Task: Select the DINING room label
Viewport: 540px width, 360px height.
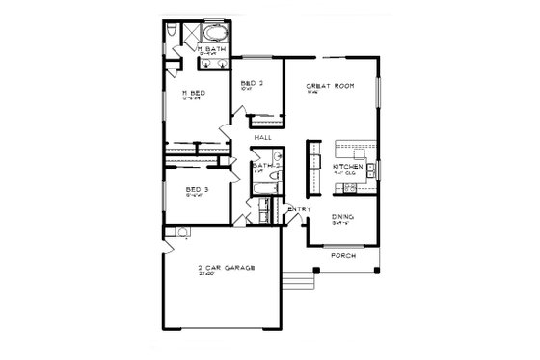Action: tap(342, 217)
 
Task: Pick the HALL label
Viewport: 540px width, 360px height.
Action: tap(261, 139)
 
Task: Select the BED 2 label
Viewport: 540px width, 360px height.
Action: tap(253, 84)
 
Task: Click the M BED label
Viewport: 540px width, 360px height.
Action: tap(196, 94)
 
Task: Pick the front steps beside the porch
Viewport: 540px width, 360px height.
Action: tap(303, 279)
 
